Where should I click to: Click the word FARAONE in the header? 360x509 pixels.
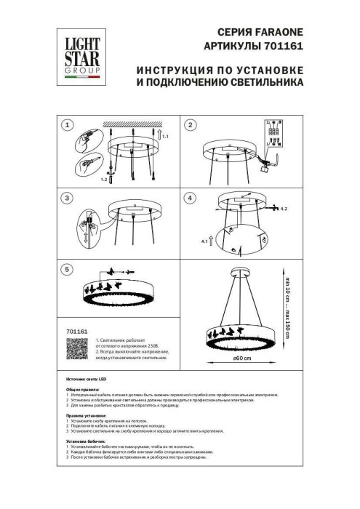276,32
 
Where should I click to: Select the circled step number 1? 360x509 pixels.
67,124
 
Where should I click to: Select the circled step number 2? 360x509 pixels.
191,124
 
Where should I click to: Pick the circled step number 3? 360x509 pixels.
67,198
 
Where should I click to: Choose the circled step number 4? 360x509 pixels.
191,198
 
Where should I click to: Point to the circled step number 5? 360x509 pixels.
67,269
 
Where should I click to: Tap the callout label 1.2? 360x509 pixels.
103,178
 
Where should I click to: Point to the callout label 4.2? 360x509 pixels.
284,209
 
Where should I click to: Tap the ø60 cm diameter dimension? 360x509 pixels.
241,357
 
